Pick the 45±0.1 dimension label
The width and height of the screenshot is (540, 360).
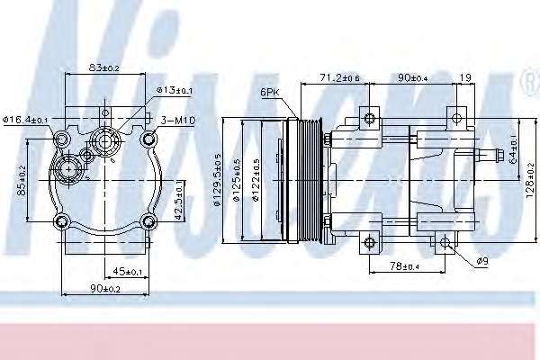pos(130,271)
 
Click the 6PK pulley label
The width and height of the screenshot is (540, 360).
pos(269,93)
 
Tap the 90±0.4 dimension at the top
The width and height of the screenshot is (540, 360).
pos(414,79)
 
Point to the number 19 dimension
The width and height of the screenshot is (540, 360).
pos(464,79)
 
